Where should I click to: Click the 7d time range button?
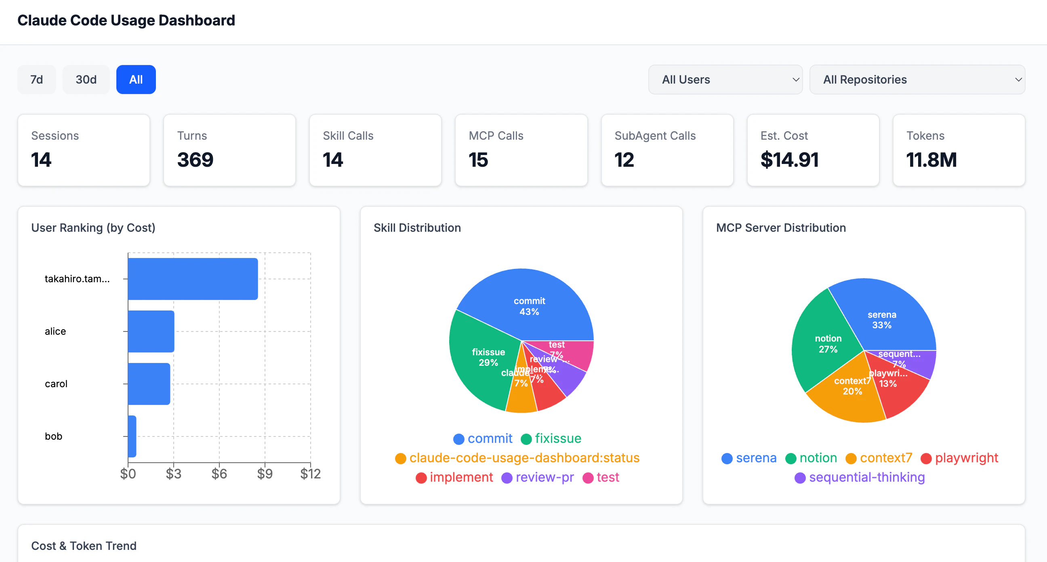[37, 80]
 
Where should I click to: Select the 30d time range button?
[86, 80]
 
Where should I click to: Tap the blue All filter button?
[136, 80]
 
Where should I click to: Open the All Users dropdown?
[725, 80]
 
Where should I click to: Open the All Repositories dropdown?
[917, 80]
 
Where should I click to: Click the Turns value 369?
[195, 160]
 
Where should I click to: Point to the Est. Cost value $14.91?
[789, 160]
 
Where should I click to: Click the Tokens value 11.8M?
[931, 160]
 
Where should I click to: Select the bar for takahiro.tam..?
[193, 279]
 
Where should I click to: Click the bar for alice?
[151, 331]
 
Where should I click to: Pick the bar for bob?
[132, 436]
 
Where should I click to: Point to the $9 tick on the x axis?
[265, 474]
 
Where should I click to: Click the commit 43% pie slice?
[528, 301]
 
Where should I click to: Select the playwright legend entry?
[959, 458]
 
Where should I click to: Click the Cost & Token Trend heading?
[84, 546]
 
